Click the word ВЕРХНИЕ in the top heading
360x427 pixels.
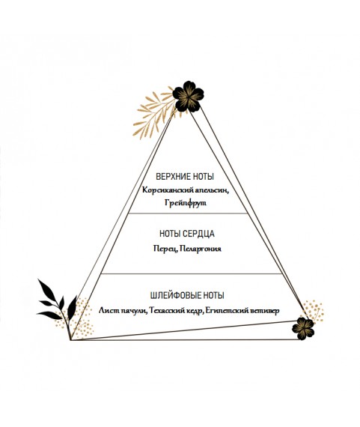pyautogui.click(x=173, y=177)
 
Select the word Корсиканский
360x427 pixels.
pyautogui.click(x=168, y=190)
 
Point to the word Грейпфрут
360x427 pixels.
pyautogui.click(x=186, y=203)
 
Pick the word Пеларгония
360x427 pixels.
pyautogui.click(x=201, y=249)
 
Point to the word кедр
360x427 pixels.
pyautogui.click(x=195, y=310)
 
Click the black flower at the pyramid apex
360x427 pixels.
pyautogui.click(x=188, y=97)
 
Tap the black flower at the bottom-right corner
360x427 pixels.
pyautogui.click(x=303, y=328)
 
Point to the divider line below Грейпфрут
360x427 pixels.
pyautogui.click(x=188, y=213)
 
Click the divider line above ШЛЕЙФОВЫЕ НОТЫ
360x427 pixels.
pyautogui.click(x=191, y=273)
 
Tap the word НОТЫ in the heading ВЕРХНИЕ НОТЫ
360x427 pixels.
pyautogui.click(x=204, y=177)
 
